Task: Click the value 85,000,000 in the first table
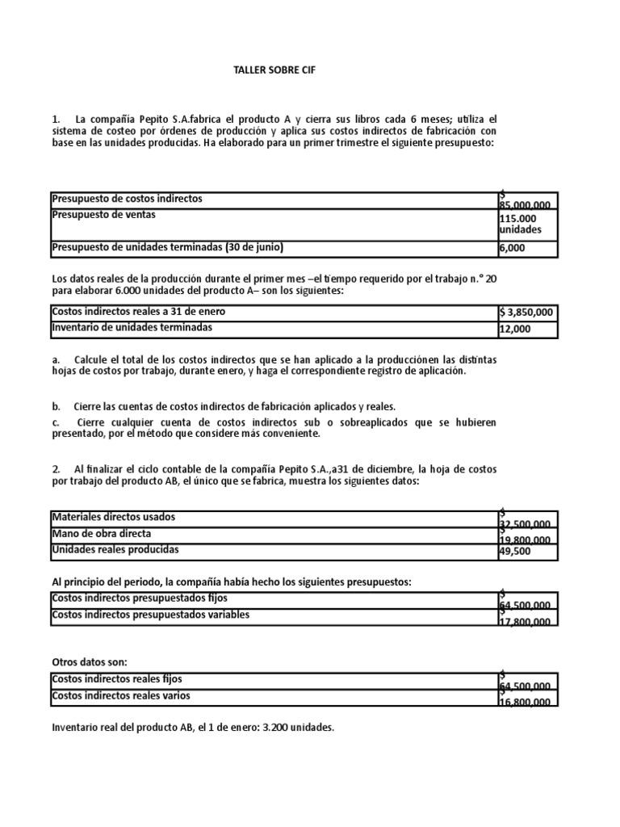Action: click(x=526, y=205)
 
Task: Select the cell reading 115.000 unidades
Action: click(x=521, y=224)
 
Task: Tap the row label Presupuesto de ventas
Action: click(x=104, y=215)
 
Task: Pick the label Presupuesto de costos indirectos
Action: click(x=127, y=198)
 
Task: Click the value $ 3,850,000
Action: click(x=526, y=313)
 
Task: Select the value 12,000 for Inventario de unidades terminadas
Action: click(x=517, y=330)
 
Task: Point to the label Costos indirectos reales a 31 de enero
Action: click(x=139, y=311)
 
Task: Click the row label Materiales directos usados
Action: click(x=113, y=516)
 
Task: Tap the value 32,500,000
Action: click(x=526, y=523)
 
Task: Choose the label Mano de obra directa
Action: click(x=101, y=533)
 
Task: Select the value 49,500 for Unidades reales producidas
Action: click(x=515, y=552)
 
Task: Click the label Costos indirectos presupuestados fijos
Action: click(x=140, y=598)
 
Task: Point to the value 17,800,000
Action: click(x=526, y=621)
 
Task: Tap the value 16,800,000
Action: click(x=526, y=702)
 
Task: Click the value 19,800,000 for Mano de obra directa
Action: click(x=526, y=539)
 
